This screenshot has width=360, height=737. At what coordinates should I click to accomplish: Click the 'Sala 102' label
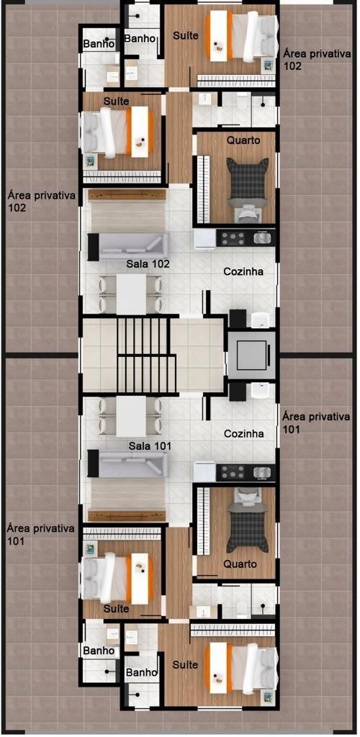[148, 264]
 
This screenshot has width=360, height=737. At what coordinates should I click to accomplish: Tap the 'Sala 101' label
[150, 445]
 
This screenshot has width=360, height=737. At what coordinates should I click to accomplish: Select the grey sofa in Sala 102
[128, 246]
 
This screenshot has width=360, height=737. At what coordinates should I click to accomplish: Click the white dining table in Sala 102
[132, 294]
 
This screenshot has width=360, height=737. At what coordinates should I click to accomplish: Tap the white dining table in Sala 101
[132, 416]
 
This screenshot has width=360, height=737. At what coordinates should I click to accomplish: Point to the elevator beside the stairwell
[253, 355]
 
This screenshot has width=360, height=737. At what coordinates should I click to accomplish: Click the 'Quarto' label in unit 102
[244, 140]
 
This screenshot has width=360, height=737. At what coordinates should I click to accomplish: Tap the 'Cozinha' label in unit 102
[243, 271]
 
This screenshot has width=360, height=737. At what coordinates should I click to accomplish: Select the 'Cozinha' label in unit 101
[243, 433]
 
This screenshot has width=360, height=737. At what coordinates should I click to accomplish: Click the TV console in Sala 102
[127, 194]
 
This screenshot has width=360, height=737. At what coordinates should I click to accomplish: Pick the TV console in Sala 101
[127, 515]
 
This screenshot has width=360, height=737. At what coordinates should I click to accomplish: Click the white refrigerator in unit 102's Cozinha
[205, 238]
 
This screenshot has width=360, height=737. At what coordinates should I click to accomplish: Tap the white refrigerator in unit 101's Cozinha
[205, 471]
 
